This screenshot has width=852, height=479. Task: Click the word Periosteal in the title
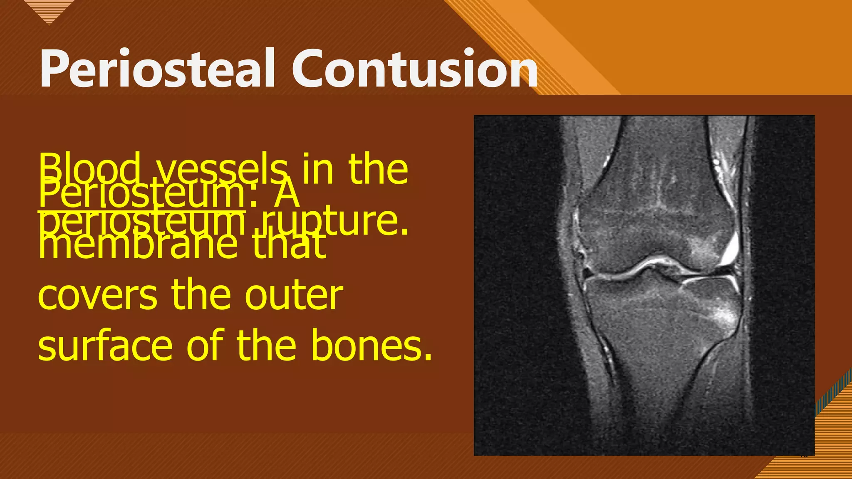click(157, 69)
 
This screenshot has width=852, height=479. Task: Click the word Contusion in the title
click(415, 69)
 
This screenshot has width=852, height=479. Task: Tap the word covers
click(98, 296)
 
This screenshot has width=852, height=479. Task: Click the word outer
click(294, 296)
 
